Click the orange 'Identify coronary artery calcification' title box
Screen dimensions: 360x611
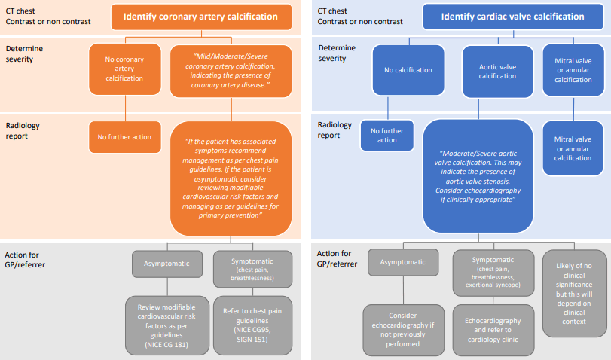coord(200,17)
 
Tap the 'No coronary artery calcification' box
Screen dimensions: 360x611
coord(125,69)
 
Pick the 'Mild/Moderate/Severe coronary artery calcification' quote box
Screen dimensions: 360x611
coord(231,70)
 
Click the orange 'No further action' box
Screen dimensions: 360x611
coord(124,136)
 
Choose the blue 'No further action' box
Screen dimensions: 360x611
coord(387,136)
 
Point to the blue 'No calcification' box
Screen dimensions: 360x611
coord(408,70)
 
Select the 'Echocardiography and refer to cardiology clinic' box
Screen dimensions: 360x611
coord(494,328)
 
